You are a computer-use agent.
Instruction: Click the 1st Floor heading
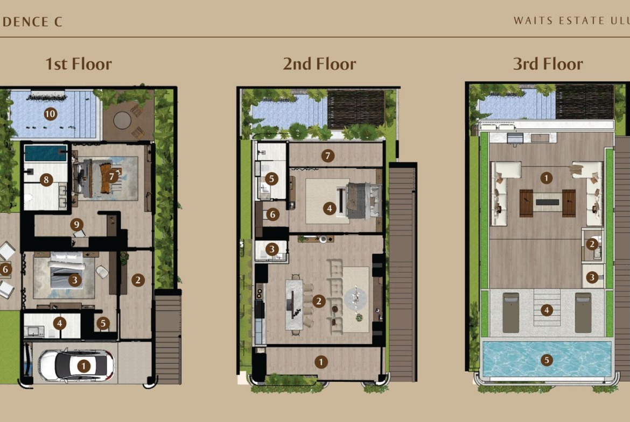tap(79, 64)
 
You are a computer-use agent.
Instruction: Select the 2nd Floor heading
tap(319, 64)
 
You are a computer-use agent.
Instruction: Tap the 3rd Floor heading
tap(548, 64)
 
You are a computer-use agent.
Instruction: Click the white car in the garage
tap(76, 366)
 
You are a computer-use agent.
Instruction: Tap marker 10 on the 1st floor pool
tap(50, 114)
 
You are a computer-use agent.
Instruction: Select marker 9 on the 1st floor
tap(76, 224)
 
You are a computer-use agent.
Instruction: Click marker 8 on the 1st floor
tap(46, 180)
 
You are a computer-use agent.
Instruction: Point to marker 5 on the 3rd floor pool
tap(546, 360)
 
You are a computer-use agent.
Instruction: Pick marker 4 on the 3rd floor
tap(546, 310)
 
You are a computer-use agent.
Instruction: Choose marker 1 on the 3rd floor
tap(546, 178)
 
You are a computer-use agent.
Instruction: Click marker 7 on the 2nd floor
tap(328, 156)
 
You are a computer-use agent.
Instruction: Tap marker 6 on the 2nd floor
tap(272, 214)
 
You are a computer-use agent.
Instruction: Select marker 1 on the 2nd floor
tap(320, 362)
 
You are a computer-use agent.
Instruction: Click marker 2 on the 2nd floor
tap(319, 301)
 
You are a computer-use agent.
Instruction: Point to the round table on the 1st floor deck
tap(122, 120)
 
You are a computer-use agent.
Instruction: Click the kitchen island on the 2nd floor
tap(294, 304)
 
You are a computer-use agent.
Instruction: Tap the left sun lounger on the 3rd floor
tap(510, 312)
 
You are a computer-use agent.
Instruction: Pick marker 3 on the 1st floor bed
tap(74, 280)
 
